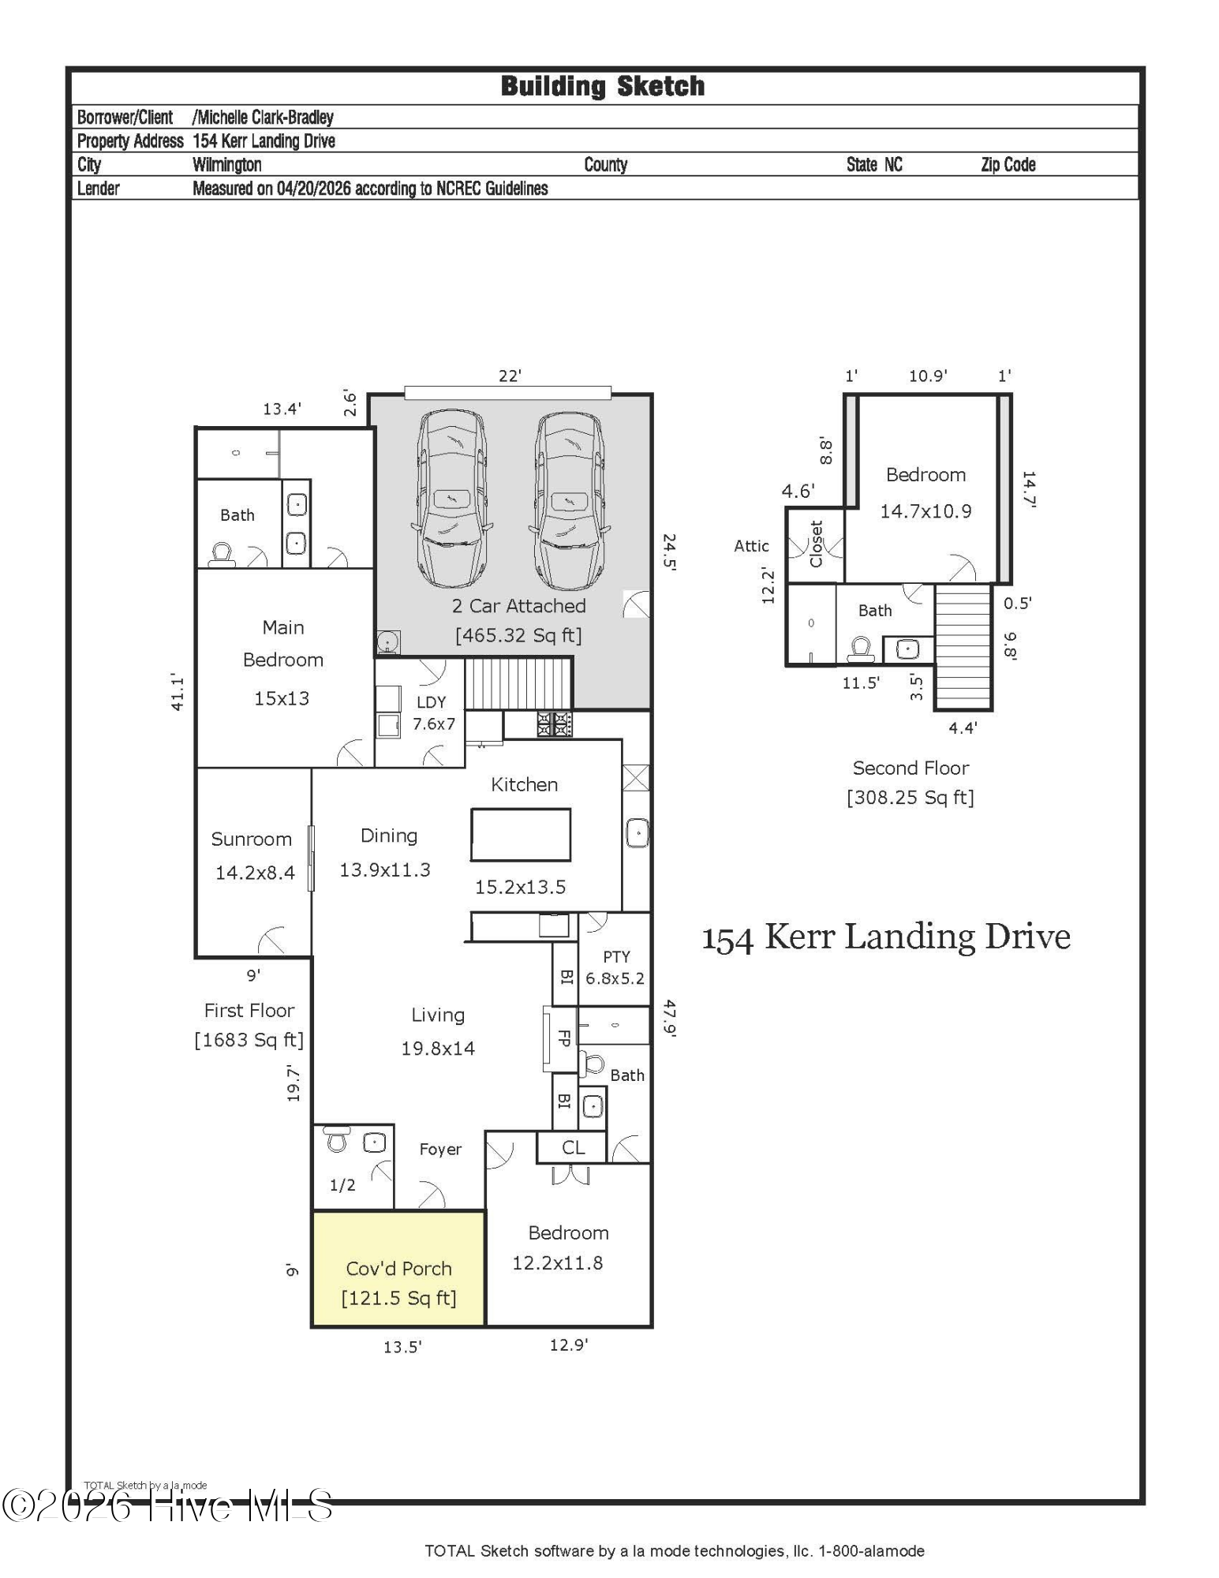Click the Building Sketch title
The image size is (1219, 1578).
point(603,86)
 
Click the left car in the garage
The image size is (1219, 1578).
point(452,499)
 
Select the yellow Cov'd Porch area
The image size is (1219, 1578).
point(398,1268)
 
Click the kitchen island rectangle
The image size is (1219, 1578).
point(521,834)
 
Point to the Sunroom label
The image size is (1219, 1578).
point(251,839)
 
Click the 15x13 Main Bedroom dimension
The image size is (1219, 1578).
point(281,698)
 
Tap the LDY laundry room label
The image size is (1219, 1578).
point(431,701)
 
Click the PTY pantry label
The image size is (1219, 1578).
point(616,956)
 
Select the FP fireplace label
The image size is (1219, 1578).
point(563,1038)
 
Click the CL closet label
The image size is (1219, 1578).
point(574,1148)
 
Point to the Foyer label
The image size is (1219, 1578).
point(440,1150)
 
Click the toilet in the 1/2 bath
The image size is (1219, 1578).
point(337,1139)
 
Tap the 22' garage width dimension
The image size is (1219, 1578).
point(510,376)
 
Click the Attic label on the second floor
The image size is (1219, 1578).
point(751,546)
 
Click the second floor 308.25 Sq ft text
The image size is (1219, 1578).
point(911,798)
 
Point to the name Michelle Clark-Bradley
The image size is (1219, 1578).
point(264,118)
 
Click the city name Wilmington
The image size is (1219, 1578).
point(227,165)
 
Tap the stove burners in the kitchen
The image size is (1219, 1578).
point(555,724)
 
